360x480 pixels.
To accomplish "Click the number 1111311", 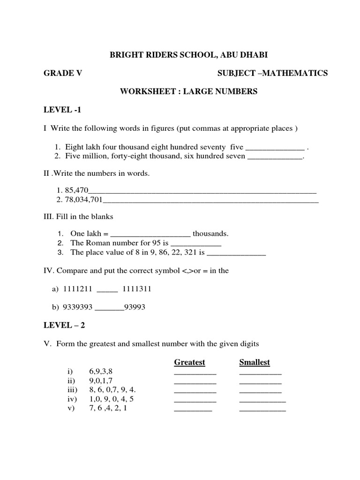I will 137,290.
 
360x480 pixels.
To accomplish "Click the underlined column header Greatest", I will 189,362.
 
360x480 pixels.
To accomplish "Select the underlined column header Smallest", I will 255,362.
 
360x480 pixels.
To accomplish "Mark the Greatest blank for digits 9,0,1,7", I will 195,382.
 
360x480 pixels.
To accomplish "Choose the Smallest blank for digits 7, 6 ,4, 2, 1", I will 262,409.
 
